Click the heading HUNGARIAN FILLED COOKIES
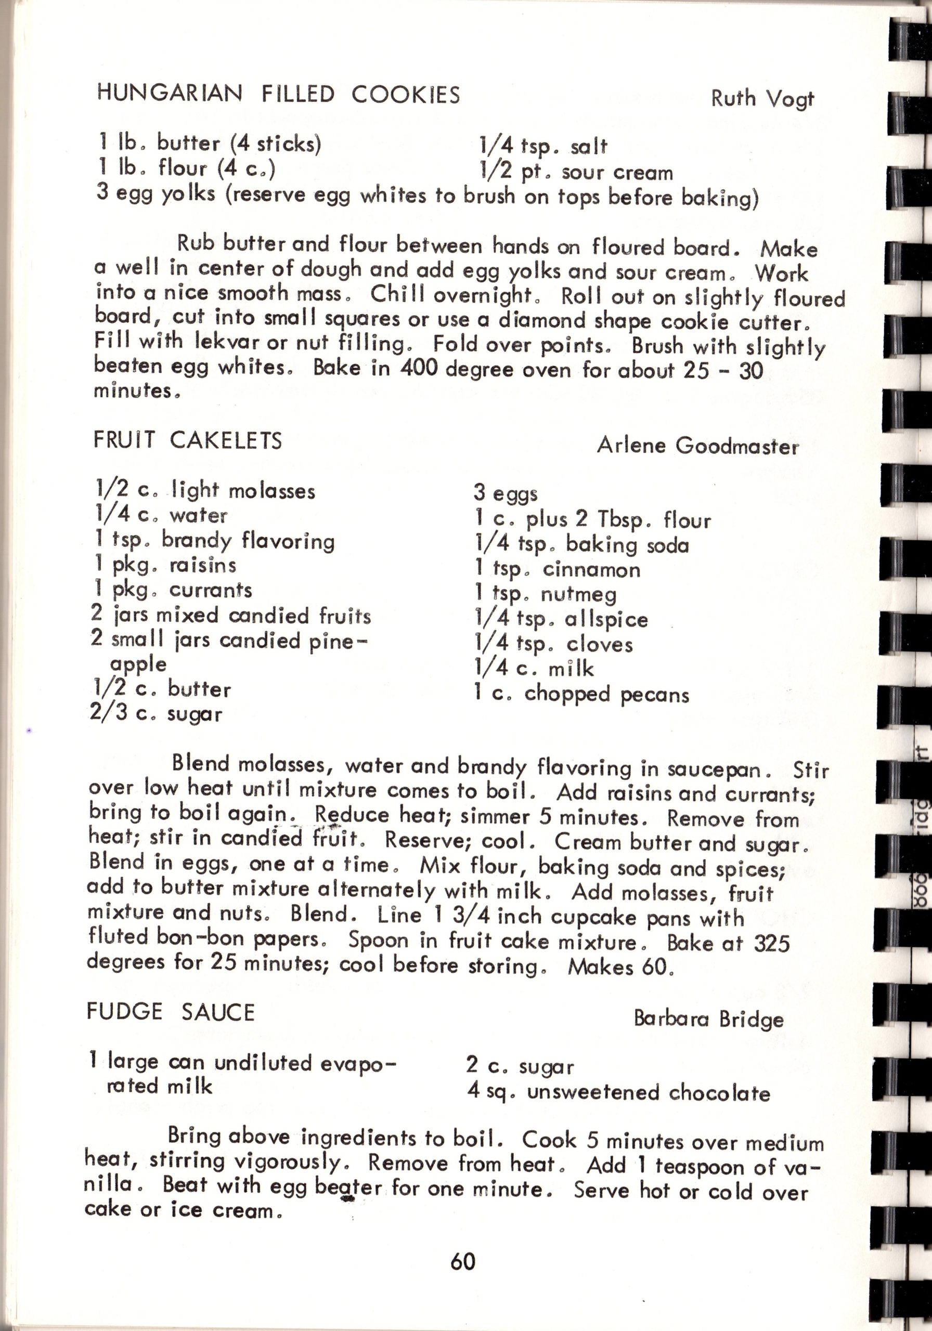coord(278,94)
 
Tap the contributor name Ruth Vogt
coord(762,99)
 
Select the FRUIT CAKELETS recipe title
coord(187,440)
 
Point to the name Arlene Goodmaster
coord(697,446)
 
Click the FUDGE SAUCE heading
coord(171,1012)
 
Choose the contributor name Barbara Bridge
coord(708,1019)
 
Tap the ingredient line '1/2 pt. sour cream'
coord(576,172)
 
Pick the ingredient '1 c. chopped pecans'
coord(581,694)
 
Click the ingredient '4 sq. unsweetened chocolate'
coord(618,1093)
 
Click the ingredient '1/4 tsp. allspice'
coord(560,619)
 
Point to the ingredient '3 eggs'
coord(505,493)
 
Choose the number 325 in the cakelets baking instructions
coord(771,943)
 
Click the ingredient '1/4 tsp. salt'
coord(543,147)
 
